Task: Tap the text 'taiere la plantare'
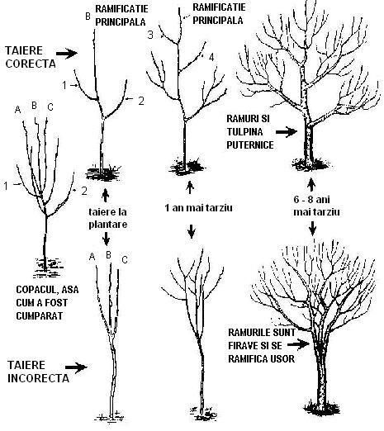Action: point(107,217)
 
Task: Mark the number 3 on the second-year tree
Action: point(149,35)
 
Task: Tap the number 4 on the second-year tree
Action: point(213,57)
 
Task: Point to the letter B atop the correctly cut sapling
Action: point(88,16)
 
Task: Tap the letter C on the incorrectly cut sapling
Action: point(126,261)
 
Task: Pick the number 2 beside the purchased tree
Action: point(84,191)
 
